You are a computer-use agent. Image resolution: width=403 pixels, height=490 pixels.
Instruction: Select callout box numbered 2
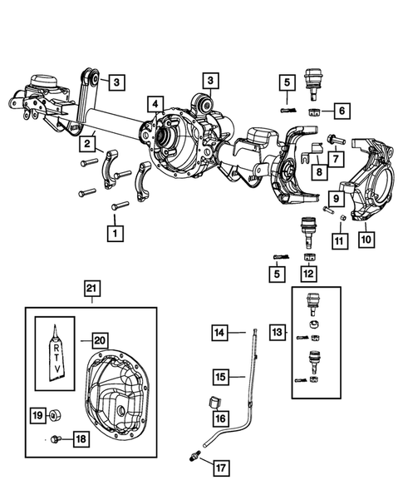[x=86, y=145]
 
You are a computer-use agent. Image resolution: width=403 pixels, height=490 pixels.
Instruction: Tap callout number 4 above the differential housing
[x=155, y=104]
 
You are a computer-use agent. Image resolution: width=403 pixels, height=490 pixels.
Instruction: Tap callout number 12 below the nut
[x=309, y=271]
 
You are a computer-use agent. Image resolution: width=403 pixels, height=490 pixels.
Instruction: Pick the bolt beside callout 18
[x=54, y=438]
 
